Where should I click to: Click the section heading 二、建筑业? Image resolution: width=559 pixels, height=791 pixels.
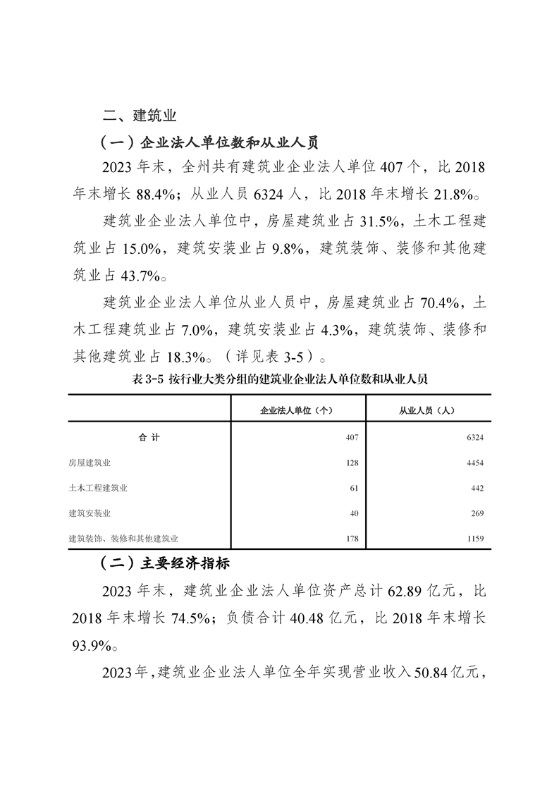click(x=139, y=115)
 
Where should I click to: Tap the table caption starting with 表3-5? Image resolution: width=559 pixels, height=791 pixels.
click(x=279, y=379)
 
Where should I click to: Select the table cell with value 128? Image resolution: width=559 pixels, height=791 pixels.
click(x=353, y=463)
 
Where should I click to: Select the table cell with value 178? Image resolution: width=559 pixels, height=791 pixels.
click(x=353, y=539)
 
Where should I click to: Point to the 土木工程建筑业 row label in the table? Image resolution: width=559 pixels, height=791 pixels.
click(x=98, y=488)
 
